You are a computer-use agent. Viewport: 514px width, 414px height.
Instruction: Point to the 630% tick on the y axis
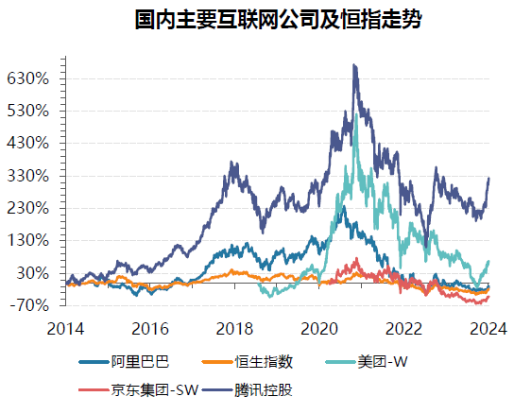27,78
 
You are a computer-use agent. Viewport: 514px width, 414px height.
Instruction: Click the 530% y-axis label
27,111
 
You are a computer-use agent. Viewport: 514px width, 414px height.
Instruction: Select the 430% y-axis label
27,144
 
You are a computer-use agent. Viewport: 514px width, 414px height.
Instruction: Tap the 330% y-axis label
27,176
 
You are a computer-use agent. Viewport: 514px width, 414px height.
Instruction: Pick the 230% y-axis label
27,208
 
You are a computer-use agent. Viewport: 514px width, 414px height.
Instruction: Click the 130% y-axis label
27,240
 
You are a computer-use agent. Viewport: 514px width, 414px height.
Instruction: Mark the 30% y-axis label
31,273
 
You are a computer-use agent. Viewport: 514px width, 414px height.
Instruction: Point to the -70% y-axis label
30,305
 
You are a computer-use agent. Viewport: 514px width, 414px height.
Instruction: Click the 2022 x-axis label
405,328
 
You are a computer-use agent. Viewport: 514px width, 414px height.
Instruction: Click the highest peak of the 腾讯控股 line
354,65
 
